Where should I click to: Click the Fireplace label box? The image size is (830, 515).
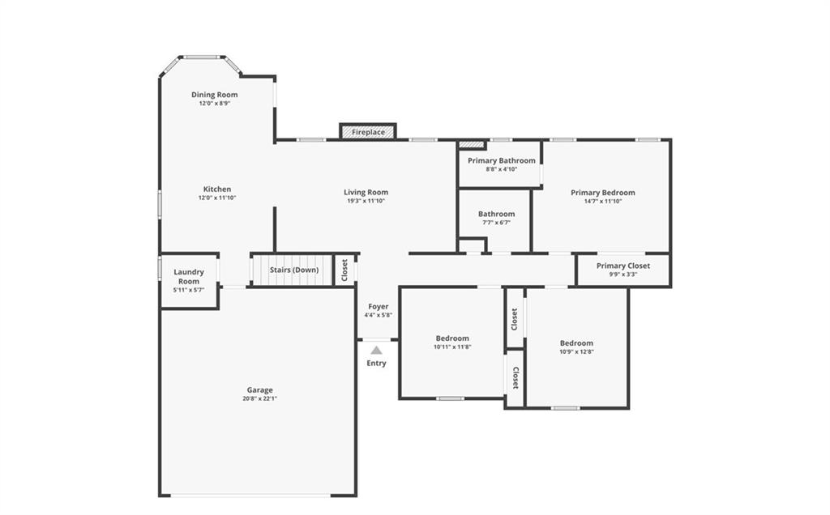[x=368, y=132]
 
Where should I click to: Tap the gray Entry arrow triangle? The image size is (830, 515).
[x=376, y=350]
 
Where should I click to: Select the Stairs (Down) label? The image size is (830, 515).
[x=294, y=270]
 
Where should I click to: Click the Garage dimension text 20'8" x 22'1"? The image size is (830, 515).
[x=259, y=398]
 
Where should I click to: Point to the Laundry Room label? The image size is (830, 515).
[x=189, y=277]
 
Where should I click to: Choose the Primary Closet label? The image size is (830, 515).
[x=623, y=266]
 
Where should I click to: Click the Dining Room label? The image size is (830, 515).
[x=214, y=95]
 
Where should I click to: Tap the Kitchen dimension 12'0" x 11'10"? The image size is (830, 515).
[x=217, y=198]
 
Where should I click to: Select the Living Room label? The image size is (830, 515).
[x=366, y=193]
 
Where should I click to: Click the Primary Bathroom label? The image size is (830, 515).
[x=501, y=160]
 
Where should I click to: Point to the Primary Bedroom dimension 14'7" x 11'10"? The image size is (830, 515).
[x=603, y=202]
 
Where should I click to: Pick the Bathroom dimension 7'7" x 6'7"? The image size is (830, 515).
[x=497, y=223]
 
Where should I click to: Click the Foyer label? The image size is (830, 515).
[x=379, y=307]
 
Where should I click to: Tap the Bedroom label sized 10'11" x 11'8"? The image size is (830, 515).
[x=452, y=338]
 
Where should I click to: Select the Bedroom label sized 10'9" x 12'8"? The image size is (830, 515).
[x=576, y=343]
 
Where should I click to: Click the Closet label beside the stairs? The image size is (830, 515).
[x=344, y=270]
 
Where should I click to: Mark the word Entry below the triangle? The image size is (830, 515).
[x=376, y=364]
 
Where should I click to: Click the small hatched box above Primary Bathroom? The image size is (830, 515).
[x=472, y=144]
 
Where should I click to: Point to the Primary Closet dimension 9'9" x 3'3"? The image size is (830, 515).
[x=623, y=275]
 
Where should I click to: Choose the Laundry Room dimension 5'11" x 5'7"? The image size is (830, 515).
[x=188, y=290]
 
